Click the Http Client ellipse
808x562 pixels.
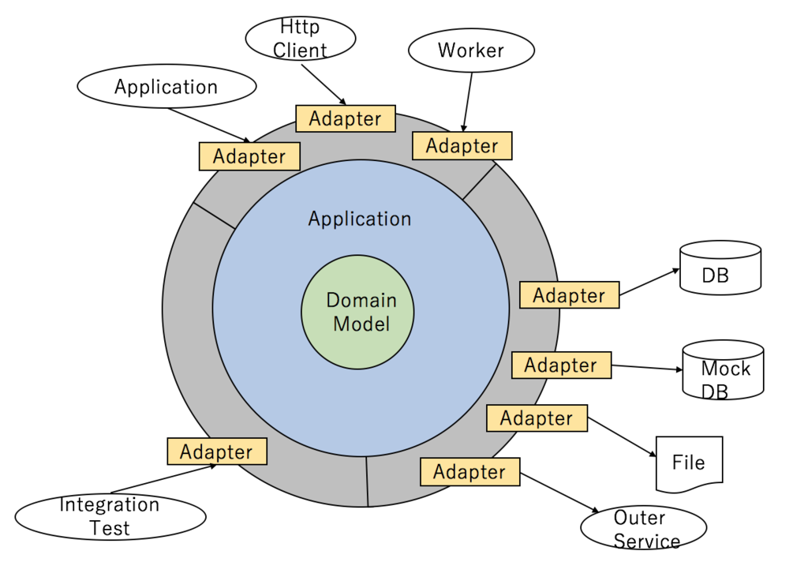[x=301, y=39]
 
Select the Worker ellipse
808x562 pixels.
[x=471, y=51]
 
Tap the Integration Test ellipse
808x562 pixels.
[x=110, y=517]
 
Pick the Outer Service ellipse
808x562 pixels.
[x=643, y=529]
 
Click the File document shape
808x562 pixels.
[x=689, y=463]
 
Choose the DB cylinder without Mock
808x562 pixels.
[x=720, y=268]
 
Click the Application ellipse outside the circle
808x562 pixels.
[x=166, y=87]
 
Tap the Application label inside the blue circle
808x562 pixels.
[x=360, y=219]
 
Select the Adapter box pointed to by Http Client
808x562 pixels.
[x=345, y=118]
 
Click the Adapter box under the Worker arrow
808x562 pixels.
[x=462, y=146]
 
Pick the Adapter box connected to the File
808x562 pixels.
[x=537, y=418]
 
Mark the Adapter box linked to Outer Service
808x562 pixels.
[x=469, y=471]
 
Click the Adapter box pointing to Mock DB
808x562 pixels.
[x=561, y=365]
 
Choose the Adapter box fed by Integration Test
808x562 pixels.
[x=216, y=451]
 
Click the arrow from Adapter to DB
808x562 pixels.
[x=649, y=283]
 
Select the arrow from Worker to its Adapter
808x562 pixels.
[x=468, y=101]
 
